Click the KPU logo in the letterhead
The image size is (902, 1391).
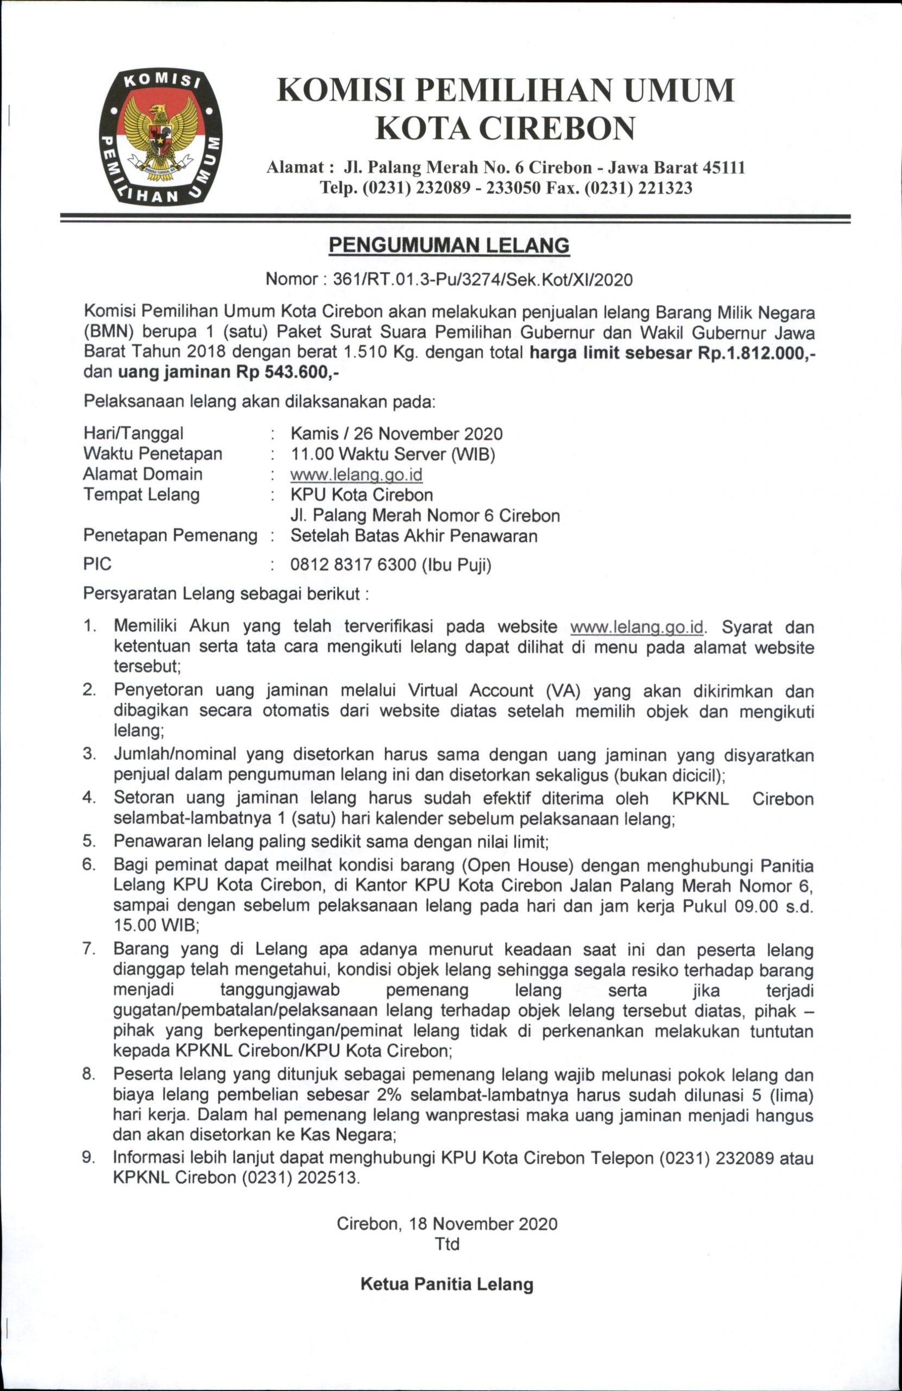[x=161, y=137]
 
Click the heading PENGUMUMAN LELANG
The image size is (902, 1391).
[x=449, y=246]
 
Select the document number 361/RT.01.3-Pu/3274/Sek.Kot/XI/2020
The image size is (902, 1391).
[x=482, y=279]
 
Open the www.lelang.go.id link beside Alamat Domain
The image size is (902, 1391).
[x=356, y=474]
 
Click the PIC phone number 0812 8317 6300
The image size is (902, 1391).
[x=353, y=565]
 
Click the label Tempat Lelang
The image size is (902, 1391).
[x=141, y=495]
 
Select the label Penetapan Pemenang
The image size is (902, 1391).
[x=170, y=535]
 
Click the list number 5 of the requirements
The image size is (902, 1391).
[x=89, y=841]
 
